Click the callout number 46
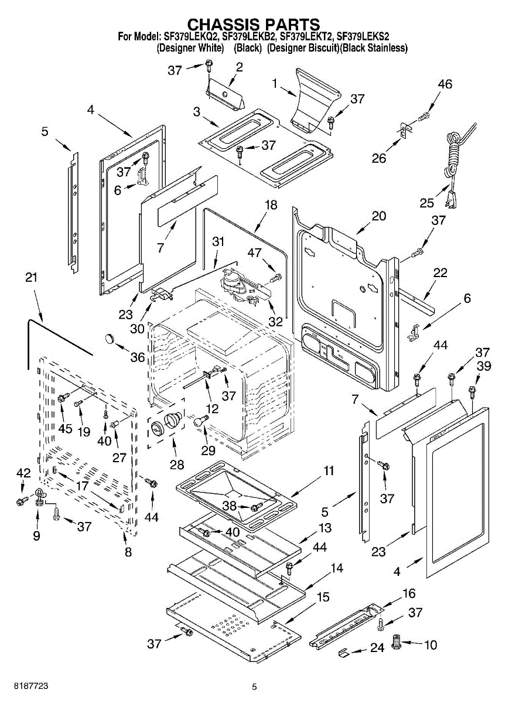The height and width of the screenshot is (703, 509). (445, 84)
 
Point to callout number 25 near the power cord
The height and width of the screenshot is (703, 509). (426, 203)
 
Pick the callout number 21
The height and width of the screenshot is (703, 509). (32, 277)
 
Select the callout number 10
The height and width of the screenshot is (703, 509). (430, 645)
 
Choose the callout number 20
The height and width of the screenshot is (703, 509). (378, 216)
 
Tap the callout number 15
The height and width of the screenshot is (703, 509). (323, 598)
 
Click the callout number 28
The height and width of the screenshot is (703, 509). (176, 464)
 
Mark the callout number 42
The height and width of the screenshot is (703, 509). (23, 473)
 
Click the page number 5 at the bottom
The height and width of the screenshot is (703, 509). (254, 687)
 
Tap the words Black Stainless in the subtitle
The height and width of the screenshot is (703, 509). (374, 48)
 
